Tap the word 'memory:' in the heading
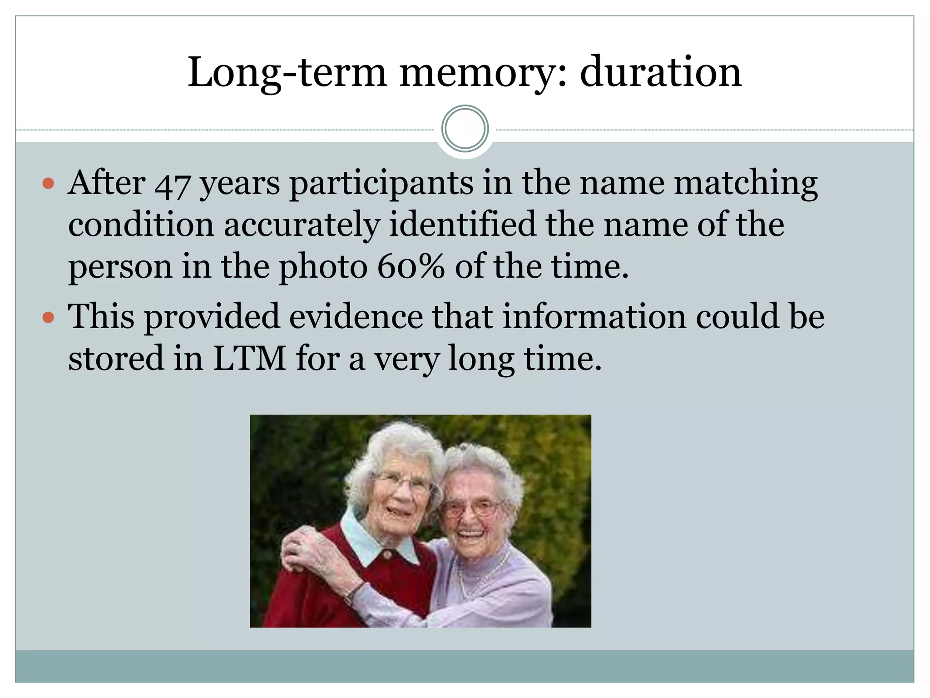click(x=483, y=73)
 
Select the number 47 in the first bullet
click(x=172, y=184)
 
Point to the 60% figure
click(x=411, y=267)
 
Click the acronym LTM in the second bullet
click(x=249, y=359)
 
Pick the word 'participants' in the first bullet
click(x=381, y=184)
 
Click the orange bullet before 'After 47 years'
click(x=48, y=184)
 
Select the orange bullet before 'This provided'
click(x=48, y=317)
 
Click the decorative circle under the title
click(x=465, y=129)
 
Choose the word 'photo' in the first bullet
click(x=323, y=267)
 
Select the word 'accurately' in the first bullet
click(x=302, y=225)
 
